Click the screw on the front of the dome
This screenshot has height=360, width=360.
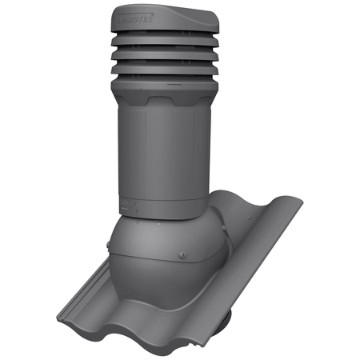pyautogui.click(x=183, y=256)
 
